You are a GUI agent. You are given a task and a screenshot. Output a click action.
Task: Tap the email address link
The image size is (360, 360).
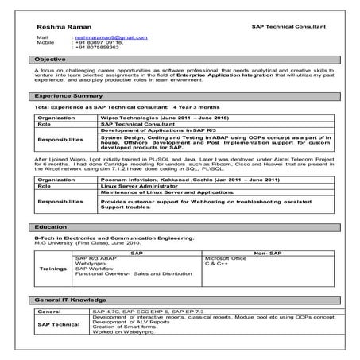click(110, 37)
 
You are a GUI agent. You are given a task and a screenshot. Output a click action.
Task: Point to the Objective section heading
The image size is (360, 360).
click(49, 60)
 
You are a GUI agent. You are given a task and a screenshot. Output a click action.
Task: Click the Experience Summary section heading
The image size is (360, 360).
click(67, 95)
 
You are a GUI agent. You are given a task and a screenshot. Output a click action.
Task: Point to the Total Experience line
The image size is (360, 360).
click(116, 106)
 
